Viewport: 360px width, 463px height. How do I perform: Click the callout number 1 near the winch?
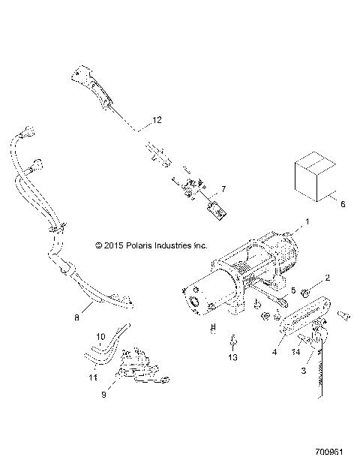tap(305, 222)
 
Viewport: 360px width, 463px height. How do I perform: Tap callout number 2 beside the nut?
tap(328, 278)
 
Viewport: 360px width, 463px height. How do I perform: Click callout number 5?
tap(293, 290)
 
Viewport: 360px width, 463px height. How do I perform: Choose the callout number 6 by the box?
tap(343, 203)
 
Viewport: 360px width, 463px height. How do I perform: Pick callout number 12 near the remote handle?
tap(156, 120)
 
